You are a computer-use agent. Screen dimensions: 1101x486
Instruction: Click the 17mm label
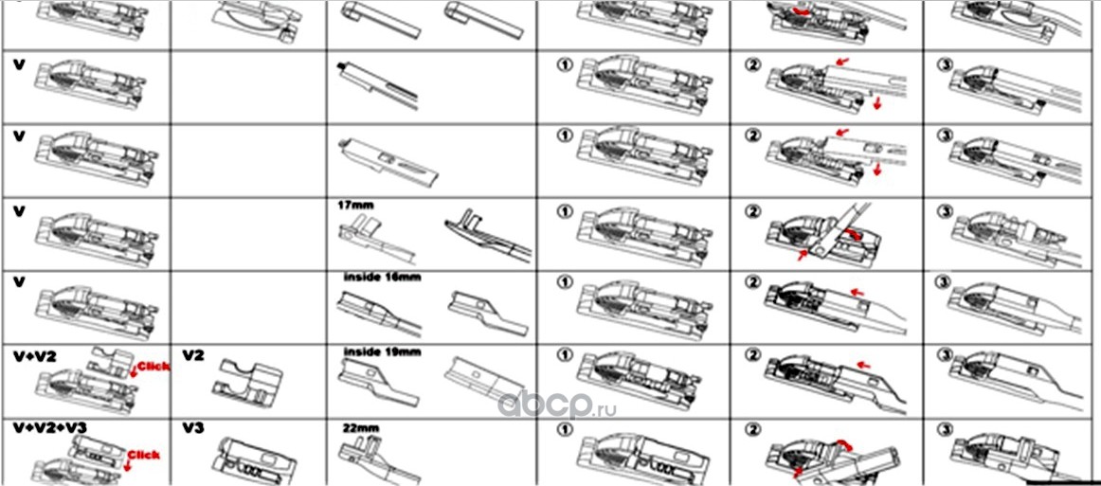click(x=353, y=203)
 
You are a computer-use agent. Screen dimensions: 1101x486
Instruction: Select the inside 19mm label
click(x=382, y=351)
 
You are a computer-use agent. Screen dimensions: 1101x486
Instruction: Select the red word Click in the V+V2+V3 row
click(x=144, y=455)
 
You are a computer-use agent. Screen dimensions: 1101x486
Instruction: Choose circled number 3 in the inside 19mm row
click(x=944, y=355)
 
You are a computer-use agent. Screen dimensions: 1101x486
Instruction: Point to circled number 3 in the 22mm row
click(x=944, y=429)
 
